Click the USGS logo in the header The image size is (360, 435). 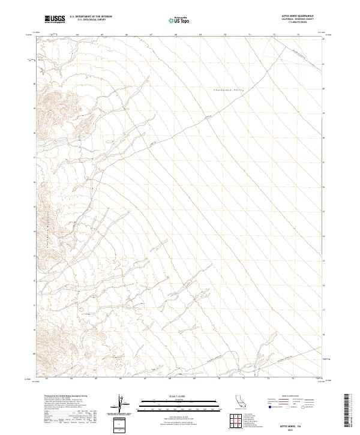tap(55, 19)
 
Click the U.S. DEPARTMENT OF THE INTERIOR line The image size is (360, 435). tap(91, 17)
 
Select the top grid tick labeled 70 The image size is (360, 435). tap(224, 35)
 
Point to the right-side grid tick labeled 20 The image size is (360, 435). tap(324, 88)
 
